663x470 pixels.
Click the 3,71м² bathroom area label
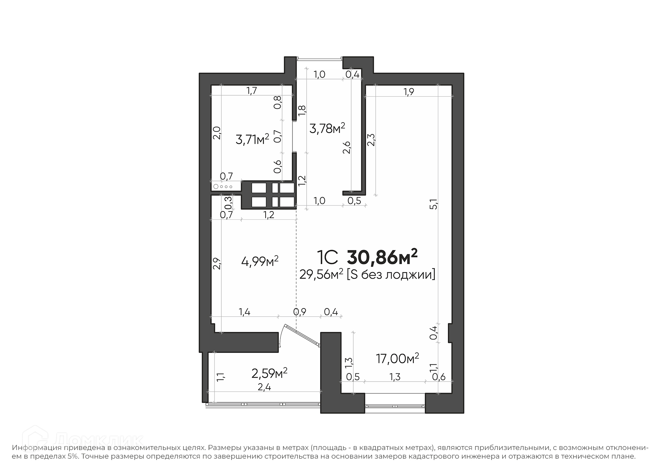(252, 140)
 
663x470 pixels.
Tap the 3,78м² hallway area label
(327, 128)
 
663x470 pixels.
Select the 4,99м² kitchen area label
(260, 261)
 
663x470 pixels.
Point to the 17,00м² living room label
(397, 358)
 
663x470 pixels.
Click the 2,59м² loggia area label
(269, 373)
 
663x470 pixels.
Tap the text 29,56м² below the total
(321, 275)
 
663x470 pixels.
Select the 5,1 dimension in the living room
(434, 204)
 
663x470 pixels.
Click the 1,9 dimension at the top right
(409, 92)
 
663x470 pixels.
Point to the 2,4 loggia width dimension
(265, 387)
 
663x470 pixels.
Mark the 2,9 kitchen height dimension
(217, 263)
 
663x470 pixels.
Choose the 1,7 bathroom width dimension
(252, 90)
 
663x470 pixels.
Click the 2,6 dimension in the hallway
(346, 147)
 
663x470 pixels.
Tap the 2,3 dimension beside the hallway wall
(371, 140)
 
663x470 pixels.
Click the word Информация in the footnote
(37, 448)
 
